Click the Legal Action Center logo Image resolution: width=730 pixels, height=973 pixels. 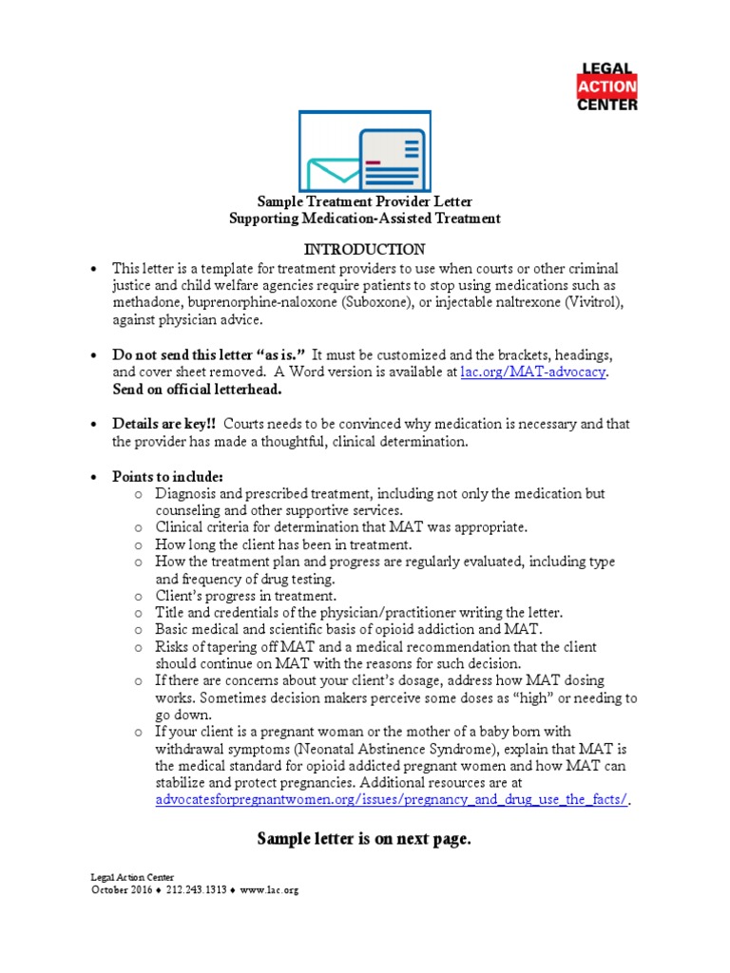coord(608,86)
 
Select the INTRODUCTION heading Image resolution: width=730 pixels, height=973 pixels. coord(364,249)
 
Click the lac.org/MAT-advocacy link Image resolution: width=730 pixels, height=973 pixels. coord(532,372)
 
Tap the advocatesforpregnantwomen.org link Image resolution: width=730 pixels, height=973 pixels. coord(391,799)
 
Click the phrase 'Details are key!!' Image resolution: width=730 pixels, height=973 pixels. coord(164,423)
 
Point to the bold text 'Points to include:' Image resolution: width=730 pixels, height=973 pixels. coord(168,476)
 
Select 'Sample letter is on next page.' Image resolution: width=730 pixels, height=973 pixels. coord(364,839)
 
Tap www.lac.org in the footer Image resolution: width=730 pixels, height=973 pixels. coord(270,890)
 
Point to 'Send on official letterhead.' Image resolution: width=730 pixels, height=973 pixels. coord(197,390)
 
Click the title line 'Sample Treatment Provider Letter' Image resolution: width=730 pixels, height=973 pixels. coord(364,201)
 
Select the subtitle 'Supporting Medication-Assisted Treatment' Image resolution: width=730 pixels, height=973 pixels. coord(364,219)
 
